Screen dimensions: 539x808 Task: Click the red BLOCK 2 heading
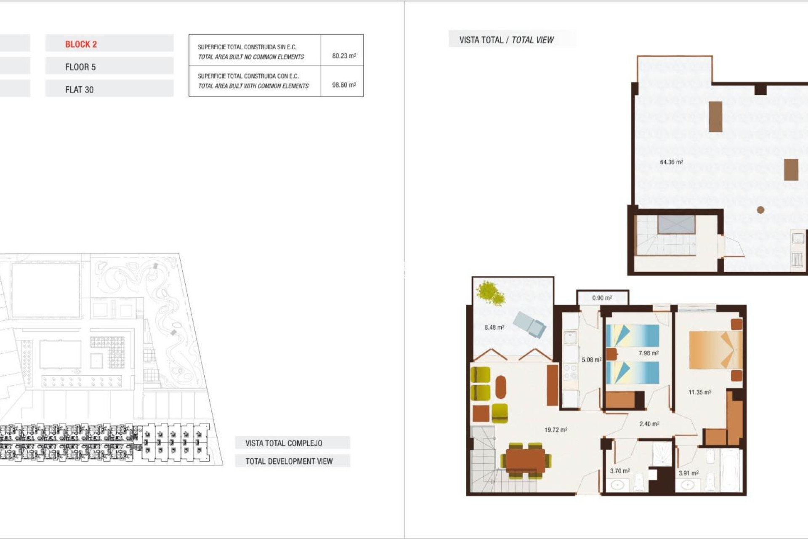click(81, 44)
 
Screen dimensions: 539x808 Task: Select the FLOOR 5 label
click(80, 67)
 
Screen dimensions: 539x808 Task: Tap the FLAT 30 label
click(79, 90)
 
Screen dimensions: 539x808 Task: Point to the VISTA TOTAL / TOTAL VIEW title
click(506, 40)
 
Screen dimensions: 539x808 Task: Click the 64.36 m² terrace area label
click(671, 162)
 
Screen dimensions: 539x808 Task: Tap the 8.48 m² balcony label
click(494, 327)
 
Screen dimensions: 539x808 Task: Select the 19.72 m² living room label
click(555, 430)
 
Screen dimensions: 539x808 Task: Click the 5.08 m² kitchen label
click(591, 360)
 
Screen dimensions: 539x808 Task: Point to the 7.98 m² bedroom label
click(648, 353)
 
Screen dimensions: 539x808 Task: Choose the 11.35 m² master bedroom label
click(699, 392)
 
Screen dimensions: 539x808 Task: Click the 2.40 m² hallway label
click(649, 424)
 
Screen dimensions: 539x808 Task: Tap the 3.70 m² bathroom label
click(619, 471)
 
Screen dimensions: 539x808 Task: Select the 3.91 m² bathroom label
click(688, 473)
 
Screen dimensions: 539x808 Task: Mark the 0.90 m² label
click(602, 298)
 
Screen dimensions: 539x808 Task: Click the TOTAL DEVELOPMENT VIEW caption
click(289, 462)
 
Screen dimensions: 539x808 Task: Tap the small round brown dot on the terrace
click(760, 210)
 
